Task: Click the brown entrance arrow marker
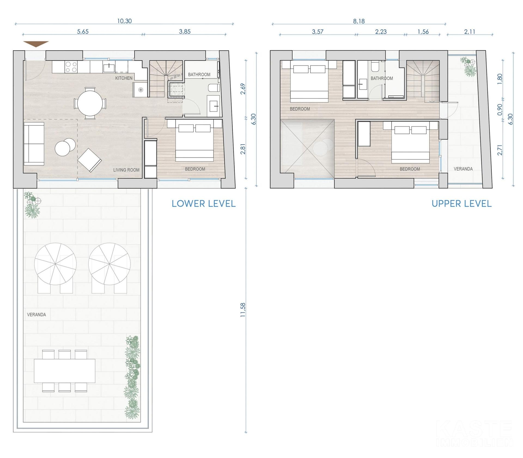pos(36,44)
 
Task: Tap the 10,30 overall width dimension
pos(124,21)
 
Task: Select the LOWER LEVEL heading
pos(203,204)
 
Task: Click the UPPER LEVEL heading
pos(462,204)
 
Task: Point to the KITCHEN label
pos(124,78)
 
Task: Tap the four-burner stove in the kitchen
pos(71,67)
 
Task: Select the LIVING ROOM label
pos(126,170)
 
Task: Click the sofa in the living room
pos(34,144)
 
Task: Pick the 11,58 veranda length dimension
pos(243,310)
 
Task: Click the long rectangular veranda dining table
pos(65,371)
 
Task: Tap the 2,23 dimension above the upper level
pos(381,32)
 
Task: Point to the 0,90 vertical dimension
pos(500,109)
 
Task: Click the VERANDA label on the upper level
pos(463,169)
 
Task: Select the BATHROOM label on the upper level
pos(382,78)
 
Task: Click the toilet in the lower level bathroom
pos(214,88)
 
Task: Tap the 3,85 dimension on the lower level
pos(185,32)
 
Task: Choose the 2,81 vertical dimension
pos(243,149)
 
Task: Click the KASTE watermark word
pos(474,430)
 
